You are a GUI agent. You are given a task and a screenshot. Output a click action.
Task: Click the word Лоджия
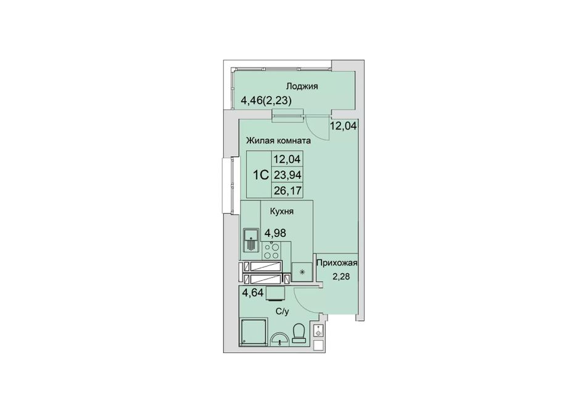coord(302,86)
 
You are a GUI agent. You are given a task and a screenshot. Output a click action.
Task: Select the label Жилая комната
coord(278,141)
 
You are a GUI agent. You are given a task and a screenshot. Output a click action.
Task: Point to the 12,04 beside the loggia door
coord(343,125)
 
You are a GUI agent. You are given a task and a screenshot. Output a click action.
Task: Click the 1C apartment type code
coord(261,175)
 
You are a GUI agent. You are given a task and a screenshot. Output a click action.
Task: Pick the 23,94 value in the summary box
coord(287,175)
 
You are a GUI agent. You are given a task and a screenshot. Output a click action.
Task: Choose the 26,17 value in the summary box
coord(287,191)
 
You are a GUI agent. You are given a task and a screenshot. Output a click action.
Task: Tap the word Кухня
coord(282,212)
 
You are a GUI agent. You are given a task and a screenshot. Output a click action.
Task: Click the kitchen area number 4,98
coord(276,233)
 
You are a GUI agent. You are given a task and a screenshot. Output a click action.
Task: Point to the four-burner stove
coord(271,250)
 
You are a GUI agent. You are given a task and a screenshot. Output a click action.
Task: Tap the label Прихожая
coord(337,263)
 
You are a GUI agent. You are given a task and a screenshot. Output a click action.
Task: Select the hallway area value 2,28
coord(342,277)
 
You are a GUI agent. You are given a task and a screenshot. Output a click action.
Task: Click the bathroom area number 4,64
coord(253,292)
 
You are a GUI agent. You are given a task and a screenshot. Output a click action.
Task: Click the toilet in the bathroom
coord(299,333)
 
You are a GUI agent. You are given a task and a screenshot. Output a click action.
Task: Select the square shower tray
coord(254,331)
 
